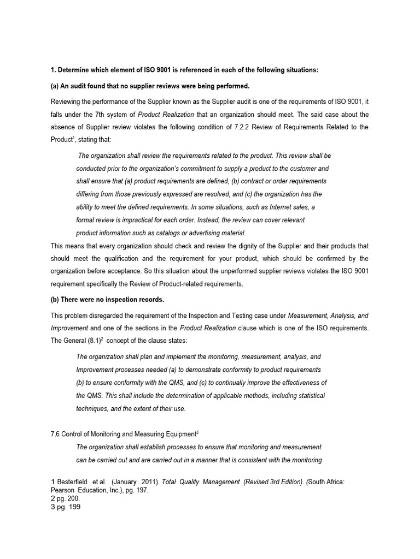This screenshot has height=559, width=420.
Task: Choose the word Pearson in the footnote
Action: coord(63,490)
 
